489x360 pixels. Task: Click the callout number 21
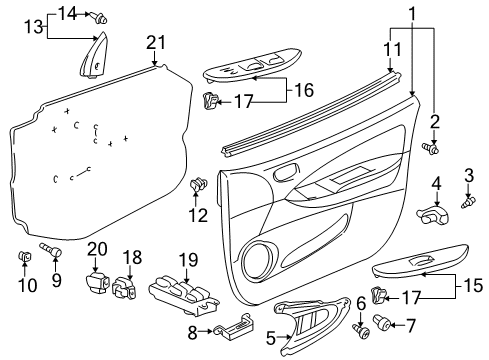point(154,42)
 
